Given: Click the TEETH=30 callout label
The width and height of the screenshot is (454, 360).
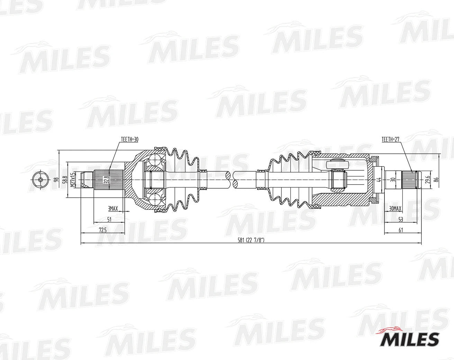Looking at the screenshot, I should tap(130, 139).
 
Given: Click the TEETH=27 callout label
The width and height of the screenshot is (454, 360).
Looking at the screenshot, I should tap(391, 139).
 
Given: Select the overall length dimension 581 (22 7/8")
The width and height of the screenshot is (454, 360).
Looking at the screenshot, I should tap(251, 240).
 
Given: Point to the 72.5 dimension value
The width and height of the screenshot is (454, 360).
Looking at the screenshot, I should tap(103, 229).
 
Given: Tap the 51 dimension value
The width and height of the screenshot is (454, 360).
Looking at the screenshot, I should tap(109, 219).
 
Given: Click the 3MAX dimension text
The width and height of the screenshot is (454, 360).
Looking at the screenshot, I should tap(113, 209).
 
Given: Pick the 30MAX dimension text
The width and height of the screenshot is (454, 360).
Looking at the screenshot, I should tap(395, 209).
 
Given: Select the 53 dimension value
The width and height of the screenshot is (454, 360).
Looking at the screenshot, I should tap(401, 219).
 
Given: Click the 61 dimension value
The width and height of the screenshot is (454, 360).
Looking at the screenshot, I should tap(401, 229).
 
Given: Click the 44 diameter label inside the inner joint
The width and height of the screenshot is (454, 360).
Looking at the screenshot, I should tap(379, 180).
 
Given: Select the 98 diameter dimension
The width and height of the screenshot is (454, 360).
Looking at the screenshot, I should tap(56, 180).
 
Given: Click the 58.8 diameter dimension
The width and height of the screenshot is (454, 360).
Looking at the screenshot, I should tap(64, 180).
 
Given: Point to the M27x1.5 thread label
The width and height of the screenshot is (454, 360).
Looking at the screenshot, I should tap(72, 180).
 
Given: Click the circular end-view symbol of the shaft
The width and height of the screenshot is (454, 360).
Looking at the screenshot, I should tap(40, 180).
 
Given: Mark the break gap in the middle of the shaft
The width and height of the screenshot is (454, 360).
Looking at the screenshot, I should tap(232, 180).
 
